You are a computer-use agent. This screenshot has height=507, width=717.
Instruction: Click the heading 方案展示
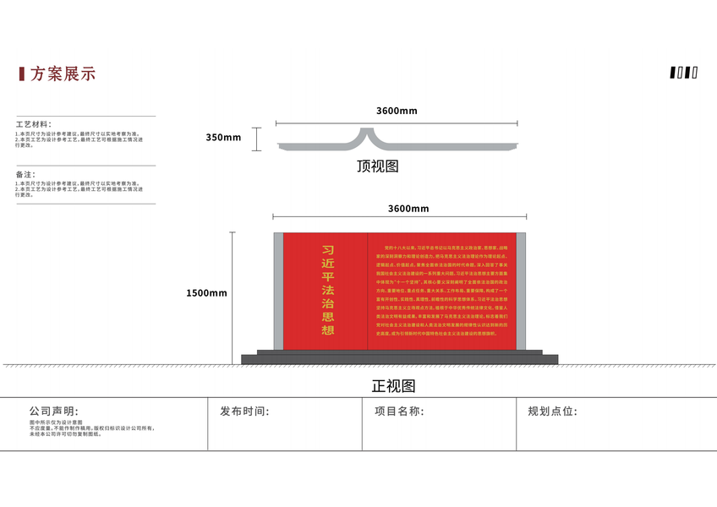click(x=63, y=74)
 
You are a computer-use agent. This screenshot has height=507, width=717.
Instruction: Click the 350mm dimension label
click(x=223, y=138)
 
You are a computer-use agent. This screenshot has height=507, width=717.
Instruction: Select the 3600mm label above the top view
click(x=397, y=112)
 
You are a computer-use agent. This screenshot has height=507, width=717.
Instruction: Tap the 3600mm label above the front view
click(x=408, y=209)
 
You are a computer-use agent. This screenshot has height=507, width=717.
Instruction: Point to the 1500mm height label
click(x=207, y=293)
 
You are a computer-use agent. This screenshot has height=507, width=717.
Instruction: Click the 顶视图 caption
click(x=377, y=166)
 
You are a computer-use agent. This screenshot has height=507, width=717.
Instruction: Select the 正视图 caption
click(x=394, y=386)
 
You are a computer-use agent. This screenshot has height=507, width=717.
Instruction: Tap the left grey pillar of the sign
click(x=278, y=291)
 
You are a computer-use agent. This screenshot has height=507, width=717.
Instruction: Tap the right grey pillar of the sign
click(x=521, y=291)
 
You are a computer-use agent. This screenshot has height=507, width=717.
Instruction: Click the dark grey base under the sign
click(x=399, y=358)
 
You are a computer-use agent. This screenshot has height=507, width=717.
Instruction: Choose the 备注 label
click(x=25, y=174)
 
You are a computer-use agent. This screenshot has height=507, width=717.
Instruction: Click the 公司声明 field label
click(x=53, y=412)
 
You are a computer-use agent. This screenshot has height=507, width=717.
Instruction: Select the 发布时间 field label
click(x=244, y=412)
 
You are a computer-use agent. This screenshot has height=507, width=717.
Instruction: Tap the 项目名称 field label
click(x=398, y=412)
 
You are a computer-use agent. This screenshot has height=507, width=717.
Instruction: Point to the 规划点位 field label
click(x=552, y=412)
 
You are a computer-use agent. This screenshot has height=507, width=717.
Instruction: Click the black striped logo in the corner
click(x=684, y=73)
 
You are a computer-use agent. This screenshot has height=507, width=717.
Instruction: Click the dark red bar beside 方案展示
click(x=21, y=74)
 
